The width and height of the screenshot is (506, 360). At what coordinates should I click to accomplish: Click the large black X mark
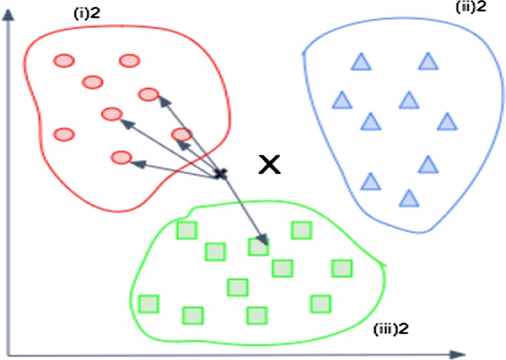pyautogui.click(x=269, y=165)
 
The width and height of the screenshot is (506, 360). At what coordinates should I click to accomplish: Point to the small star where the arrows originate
pyautogui.click(x=221, y=173)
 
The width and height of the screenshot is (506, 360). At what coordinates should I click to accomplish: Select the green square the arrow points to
pyautogui.click(x=259, y=246)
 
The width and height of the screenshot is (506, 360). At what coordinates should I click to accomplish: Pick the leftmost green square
pyautogui.click(x=148, y=304)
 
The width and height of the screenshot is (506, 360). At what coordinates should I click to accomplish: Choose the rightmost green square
pyautogui.click(x=342, y=268)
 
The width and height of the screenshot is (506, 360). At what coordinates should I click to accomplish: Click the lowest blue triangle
pyautogui.click(x=407, y=197)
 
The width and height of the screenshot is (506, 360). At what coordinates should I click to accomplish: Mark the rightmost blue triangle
pyautogui.click(x=446, y=122)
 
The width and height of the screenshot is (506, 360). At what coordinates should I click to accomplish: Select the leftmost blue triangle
pyautogui.click(x=343, y=100)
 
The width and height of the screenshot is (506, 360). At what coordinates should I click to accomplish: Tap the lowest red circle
pyautogui.click(x=122, y=157)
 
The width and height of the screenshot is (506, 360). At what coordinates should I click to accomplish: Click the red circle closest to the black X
pyautogui.click(x=182, y=134)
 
